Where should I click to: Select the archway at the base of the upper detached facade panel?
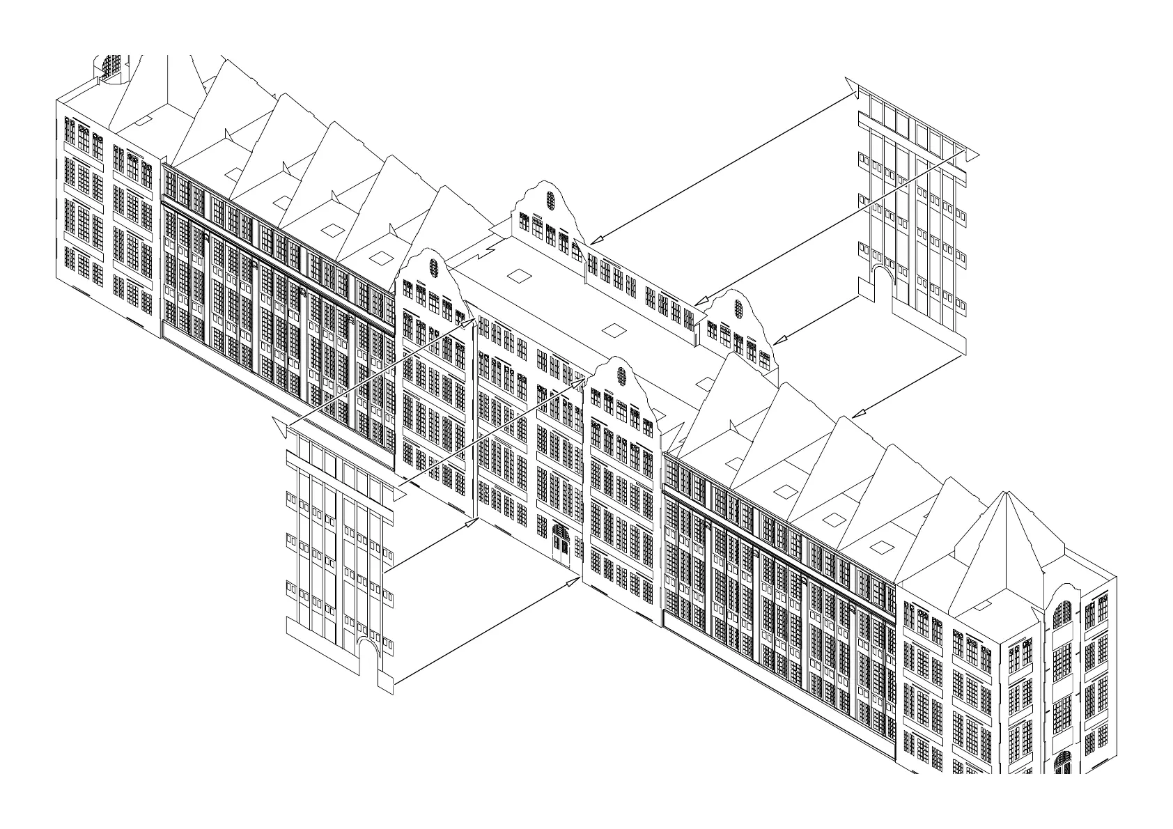(x=883, y=282)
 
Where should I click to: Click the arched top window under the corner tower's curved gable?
(x=1062, y=613)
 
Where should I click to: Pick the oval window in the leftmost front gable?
(x=434, y=268)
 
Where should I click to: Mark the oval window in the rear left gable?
(x=550, y=200)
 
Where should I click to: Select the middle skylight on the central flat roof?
(x=614, y=330)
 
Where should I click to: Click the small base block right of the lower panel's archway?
(x=386, y=684)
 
